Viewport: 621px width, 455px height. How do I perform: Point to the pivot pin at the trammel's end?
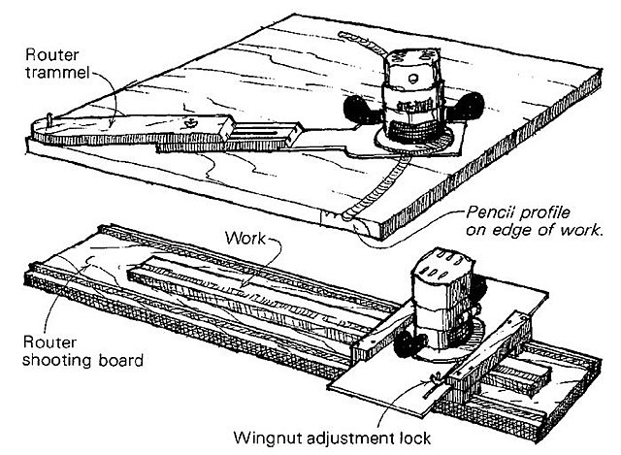(48, 122)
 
